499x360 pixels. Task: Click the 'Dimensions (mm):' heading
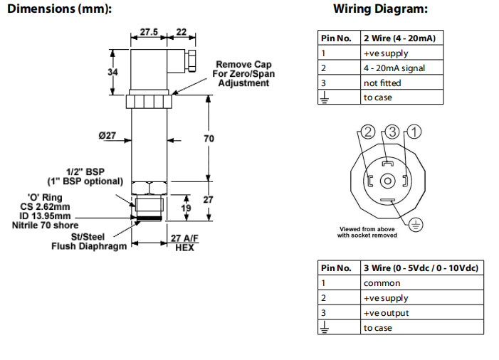56,9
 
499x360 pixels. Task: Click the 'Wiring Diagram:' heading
381,9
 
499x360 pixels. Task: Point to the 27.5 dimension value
148,32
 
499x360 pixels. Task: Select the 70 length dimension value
209,139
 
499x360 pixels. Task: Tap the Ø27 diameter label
107,135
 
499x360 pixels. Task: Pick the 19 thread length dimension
185,208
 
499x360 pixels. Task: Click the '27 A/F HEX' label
184,243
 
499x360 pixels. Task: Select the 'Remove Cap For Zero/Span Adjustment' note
243,73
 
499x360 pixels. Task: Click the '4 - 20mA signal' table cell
394,68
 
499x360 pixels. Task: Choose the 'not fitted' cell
382,83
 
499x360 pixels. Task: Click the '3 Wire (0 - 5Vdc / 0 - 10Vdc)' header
421,268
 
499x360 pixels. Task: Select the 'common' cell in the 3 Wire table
382,283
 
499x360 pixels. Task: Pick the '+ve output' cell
387,313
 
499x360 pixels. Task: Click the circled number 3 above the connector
392,131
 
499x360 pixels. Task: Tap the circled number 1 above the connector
415,131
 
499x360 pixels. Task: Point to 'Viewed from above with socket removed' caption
368,232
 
